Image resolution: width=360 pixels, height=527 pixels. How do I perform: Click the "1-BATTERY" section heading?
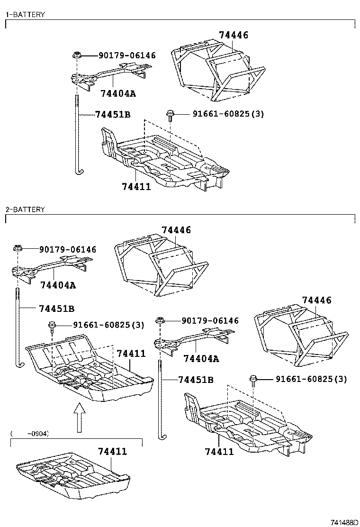point(25,15)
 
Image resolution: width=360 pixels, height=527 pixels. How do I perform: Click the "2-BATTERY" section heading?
point(25,209)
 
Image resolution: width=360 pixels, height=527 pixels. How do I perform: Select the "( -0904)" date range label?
point(30,433)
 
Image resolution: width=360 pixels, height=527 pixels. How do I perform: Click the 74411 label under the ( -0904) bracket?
point(113,451)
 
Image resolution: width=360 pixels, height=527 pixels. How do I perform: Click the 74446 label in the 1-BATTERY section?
point(234,35)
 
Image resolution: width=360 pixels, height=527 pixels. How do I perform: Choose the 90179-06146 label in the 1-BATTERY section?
point(127,55)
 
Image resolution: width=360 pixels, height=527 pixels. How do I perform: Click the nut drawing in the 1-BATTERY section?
point(76,56)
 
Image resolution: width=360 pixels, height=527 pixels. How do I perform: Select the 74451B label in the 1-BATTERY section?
point(113,115)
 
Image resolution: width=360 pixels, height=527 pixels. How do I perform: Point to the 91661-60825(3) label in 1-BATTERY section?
point(228,114)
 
